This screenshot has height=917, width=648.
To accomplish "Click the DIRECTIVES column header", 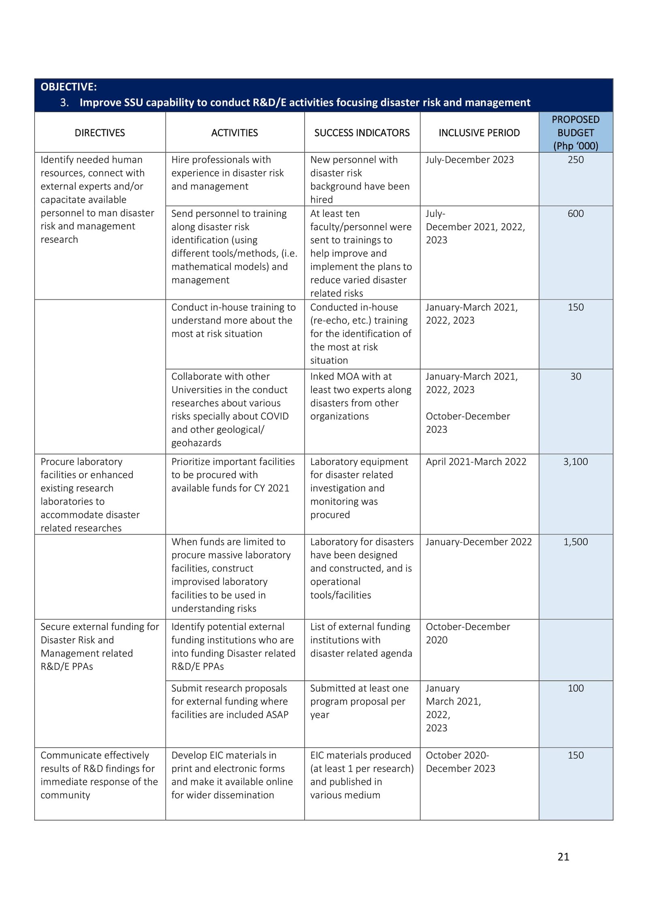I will [x=100, y=133].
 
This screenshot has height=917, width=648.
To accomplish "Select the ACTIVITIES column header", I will [x=234, y=133].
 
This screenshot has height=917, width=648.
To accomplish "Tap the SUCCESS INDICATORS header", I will [x=362, y=133].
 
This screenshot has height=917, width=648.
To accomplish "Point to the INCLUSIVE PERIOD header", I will [x=479, y=133].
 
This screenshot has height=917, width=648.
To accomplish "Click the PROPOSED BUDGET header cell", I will [x=575, y=133].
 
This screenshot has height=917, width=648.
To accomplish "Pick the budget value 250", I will [x=575, y=160].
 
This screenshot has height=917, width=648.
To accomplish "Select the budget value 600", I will [x=575, y=214].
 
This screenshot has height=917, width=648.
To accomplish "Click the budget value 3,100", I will [x=575, y=462].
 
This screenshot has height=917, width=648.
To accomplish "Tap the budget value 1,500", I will [x=575, y=542].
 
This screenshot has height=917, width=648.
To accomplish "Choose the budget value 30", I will [x=576, y=376].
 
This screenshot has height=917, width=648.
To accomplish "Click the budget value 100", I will [x=576, y=688].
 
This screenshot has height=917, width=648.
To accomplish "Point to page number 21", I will [x=563, y=857].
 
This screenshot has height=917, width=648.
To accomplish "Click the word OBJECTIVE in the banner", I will [x=68, y=87].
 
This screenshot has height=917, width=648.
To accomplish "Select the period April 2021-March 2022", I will [x=475, y=462].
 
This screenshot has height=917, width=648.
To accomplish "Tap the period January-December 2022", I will [x=478, y=542].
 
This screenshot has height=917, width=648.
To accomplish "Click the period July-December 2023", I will [x=469, y=160].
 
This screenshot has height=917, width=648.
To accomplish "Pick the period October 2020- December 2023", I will [x=460, y=762].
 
